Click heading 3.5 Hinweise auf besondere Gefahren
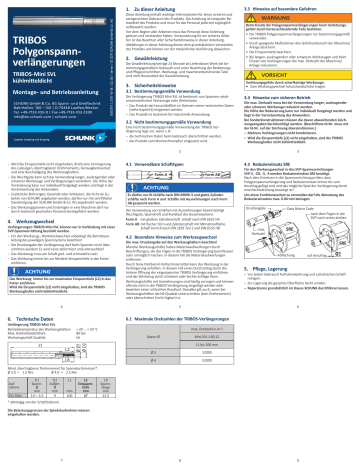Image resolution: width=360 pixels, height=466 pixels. [289, 8]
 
